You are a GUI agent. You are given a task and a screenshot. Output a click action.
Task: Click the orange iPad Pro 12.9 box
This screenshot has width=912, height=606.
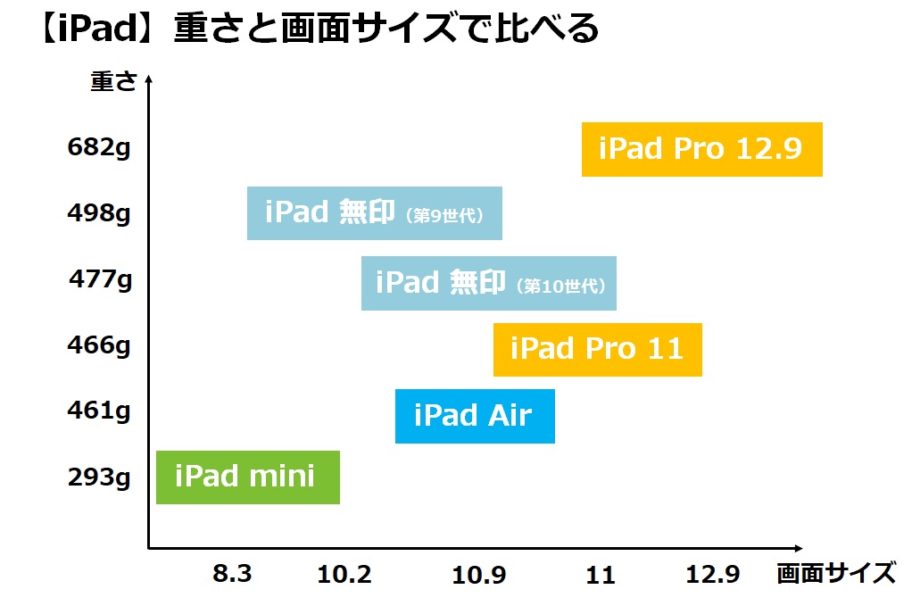(x=702, y=149)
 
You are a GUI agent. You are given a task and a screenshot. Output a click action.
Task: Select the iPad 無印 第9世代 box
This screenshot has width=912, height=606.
(x=375, y=213)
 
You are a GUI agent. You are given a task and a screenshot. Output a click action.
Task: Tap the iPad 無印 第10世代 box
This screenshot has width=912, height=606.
(x=489, y=283)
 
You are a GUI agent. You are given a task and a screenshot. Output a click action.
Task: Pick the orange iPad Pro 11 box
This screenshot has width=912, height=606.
(x=598, y=350)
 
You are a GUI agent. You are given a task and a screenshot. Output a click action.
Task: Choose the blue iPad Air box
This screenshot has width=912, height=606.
(x=476, y=417)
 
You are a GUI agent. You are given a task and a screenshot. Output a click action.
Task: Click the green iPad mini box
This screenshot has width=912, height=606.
(x=248, y=477)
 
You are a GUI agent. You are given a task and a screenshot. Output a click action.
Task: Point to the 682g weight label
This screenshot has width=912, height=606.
(x=99, y=148)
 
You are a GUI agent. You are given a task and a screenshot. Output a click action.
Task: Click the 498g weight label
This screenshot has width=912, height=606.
(x=99, y=213)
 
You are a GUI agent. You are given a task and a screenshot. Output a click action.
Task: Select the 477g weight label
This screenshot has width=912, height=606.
(x=101, y=279)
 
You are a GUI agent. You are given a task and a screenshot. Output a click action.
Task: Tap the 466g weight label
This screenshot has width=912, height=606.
(x=99, y=345)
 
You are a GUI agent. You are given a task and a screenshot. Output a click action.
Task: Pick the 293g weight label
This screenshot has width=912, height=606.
(x=99, y=477)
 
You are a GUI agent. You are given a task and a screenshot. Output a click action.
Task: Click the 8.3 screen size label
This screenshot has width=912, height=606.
(x=232, y=574)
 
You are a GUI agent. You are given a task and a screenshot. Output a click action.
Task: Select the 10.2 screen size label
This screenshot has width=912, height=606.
(x=344, y=575)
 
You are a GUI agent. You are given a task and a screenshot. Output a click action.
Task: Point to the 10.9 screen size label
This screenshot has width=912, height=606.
(x=479, y=575)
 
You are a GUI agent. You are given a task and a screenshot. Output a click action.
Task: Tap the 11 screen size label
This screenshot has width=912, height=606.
(x=601, y=575)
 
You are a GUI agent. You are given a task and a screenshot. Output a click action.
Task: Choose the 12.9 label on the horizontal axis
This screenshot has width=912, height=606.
(x=712, y=575)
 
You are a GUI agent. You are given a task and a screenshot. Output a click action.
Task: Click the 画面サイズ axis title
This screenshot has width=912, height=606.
(x=836, y=573)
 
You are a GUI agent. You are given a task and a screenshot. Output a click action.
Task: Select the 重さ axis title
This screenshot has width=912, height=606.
(x=114, y=81)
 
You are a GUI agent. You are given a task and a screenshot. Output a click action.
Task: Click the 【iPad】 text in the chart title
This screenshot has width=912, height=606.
(x=96, y=29)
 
